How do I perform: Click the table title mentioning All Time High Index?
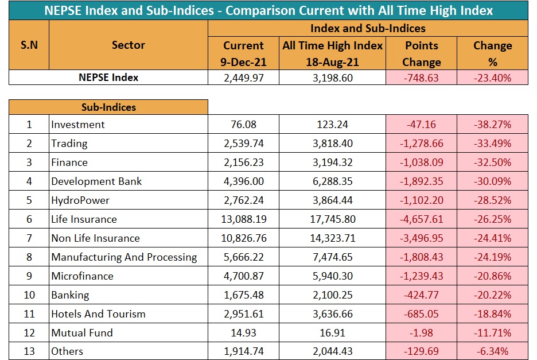(x=268, y=11)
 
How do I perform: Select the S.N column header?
(x=29, y=45)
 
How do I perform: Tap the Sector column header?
(x=129, y=45)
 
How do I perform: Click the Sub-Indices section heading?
(x=108, y=107)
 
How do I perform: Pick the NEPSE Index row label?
(x=108, y=78)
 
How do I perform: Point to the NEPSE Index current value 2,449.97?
(x=244, y=78)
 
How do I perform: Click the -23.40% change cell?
(x=492, y=78)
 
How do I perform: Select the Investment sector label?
(x=78, y=125)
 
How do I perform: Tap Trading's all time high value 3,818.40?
(x=333, y=144)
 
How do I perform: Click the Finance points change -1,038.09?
(x=422, y=162)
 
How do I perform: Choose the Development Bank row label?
(x=96, y=181)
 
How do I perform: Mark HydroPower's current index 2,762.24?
(x=244, y=200)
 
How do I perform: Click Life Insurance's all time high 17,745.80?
(x=333, y=219)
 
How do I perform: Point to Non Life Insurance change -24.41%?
(x=492, y=238)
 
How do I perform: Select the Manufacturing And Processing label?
(x=124, y=257)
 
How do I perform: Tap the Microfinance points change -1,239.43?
(x=422, y=276)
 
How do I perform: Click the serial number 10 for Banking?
(x=29, y=295)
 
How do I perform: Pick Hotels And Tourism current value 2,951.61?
(x=244, y=313)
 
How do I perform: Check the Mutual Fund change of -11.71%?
(x=492, y=332)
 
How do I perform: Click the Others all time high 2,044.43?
(x=333, y=351)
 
